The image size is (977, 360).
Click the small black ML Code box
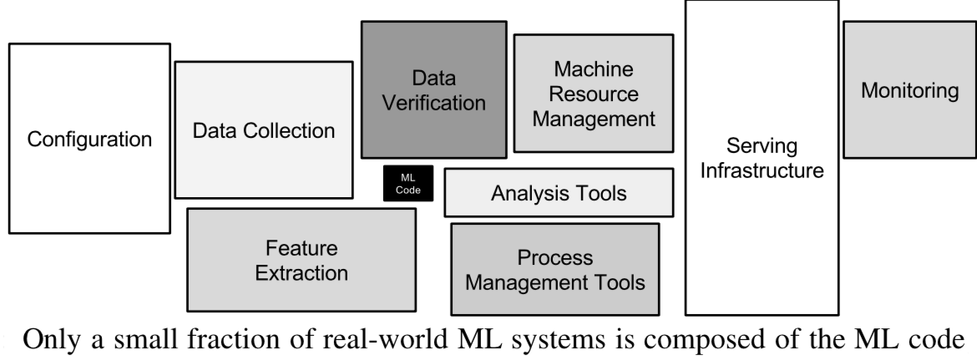(x=402, y=184)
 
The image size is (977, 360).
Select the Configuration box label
(x=90, y=139)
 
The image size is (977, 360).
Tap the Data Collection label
(x=264, y=130)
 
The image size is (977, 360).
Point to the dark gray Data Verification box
(x=433, y=90)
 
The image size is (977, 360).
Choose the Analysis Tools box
(x=558, y=194)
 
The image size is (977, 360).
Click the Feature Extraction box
(x=301, y=260)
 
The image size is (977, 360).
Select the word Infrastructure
(x=761, y=172)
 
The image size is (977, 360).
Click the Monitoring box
(x=909, y=90)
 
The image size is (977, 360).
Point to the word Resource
(x=594, y=94)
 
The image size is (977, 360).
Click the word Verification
(x=433, y=104)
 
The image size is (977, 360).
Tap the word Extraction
(x=301, y=272)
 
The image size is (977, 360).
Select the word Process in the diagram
(x=554, y=257)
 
